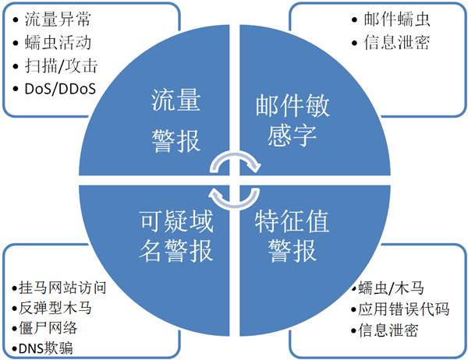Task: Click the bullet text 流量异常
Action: [x=58, y=19]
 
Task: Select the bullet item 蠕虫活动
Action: [x=58, y=43]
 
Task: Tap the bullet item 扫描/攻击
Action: [x=61, y=66]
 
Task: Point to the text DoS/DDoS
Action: [x=60, y=89]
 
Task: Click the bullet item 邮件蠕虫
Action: [x=397, y=19]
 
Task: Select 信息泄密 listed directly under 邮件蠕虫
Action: [x=397, y=43]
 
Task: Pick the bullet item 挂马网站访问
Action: [x=62, y=288]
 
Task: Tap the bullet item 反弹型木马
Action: [x=55, y=308]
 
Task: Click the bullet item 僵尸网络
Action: [x=48, y=328]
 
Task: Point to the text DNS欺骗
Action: [x=46, y=348]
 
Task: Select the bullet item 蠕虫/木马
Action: [x=391, y=288]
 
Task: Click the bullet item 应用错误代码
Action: [x=403, y=309]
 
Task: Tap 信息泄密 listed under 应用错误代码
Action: [x=388, y=330]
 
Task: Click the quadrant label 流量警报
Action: [x=175, y=121]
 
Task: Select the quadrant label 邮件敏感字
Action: [x=292, y=120]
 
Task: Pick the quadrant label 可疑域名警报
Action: [x=176, y=236]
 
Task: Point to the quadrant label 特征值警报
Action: [x=292, y=236]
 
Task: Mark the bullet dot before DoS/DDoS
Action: [x=16, y=89]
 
